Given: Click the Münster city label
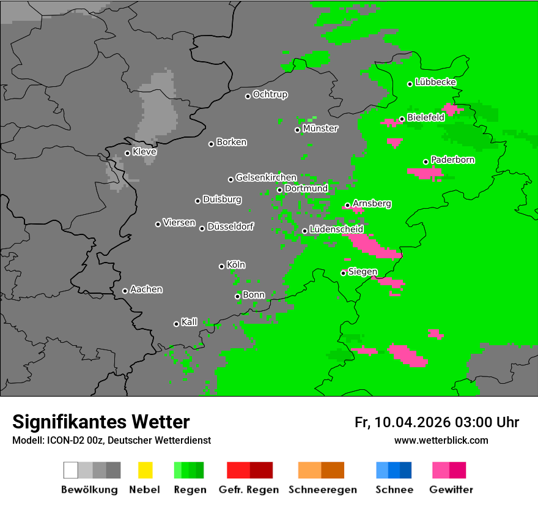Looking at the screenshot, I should click(x=320, y=129).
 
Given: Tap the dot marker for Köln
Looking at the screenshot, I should click(x=221, y=266).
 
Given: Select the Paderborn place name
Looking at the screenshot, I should click(x=453, y=160).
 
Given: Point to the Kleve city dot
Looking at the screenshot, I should click(x=127, y=153).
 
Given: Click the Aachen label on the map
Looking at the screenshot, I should click(x=146, y=289).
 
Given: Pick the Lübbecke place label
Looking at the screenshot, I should click(x=436, y=82).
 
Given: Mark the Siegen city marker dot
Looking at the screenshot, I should click(x=344, y=273).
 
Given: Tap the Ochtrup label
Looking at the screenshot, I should click(x=270, y=94).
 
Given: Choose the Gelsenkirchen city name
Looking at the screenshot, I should click(x=266, y=177).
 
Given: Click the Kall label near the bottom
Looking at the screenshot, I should click(x=190, y=322).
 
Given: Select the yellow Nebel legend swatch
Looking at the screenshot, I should click(x=145, y=470).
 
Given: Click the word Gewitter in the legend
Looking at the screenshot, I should click(x=451, y=490).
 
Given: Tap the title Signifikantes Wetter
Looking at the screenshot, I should click(x=101, y=422).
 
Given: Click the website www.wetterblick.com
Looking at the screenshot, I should click(x=441, y=440).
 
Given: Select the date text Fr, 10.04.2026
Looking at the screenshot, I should click(x=402, y=422).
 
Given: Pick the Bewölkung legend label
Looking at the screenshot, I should click(x=89, y=490).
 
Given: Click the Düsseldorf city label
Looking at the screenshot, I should click(x=230, y=226).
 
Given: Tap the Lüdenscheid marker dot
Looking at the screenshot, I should click(x=304, y=231).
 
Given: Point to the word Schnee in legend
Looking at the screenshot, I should click(x=394, y=490).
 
